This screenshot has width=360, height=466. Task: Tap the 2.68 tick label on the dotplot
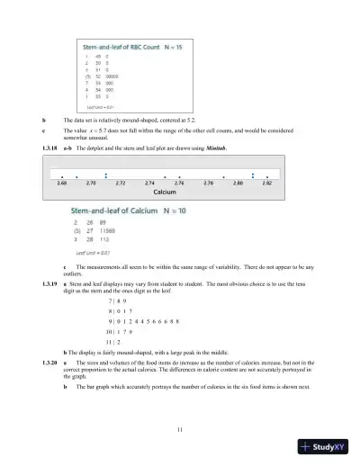click(x=61, y=183)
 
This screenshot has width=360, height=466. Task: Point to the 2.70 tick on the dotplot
click(x=91, y=183)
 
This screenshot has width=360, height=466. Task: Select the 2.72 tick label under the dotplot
click(x=121, y=183)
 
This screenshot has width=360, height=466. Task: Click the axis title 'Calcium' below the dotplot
click(x=164, y=192)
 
